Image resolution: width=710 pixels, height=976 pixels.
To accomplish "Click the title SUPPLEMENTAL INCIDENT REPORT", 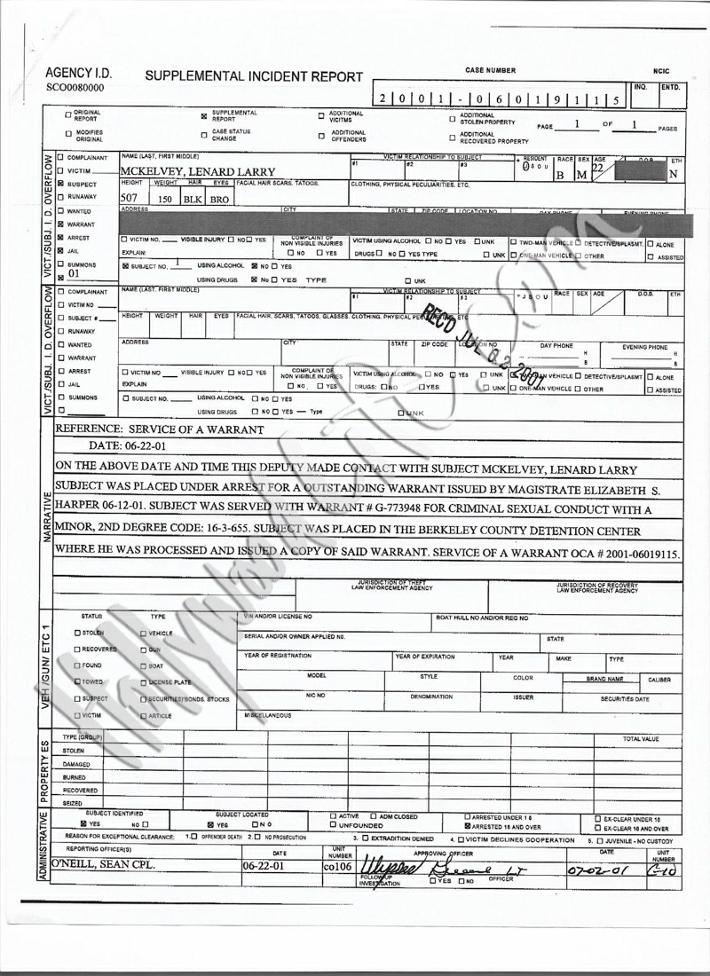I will pos(254,77).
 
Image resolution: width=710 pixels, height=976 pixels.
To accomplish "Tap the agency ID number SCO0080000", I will pos(75,89).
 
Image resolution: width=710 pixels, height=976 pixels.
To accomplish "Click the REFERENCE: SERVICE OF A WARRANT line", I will pos(160,429).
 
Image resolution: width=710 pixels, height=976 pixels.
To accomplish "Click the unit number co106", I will pos(338,863).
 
